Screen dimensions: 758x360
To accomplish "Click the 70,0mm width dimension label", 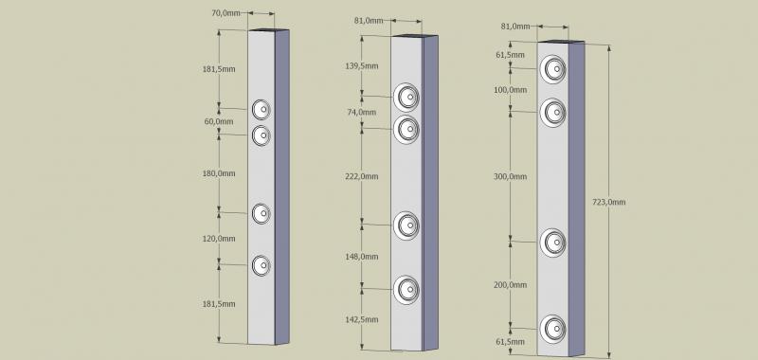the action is coord(226,13).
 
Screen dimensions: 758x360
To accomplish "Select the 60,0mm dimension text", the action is coord(219,121).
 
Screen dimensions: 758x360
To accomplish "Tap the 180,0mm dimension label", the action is coord(219,173).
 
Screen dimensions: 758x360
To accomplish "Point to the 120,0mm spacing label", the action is coord(219,239).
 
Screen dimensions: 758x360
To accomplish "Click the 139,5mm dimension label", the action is coord(362,66).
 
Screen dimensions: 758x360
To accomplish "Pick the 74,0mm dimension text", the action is coord(362,112).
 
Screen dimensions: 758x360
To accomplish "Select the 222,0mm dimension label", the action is coord(362,176).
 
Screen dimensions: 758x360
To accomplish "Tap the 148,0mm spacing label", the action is coord(362,257).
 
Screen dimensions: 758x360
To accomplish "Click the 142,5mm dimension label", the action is coord(362,319).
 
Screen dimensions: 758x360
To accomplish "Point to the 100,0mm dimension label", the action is coord(511,90).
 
